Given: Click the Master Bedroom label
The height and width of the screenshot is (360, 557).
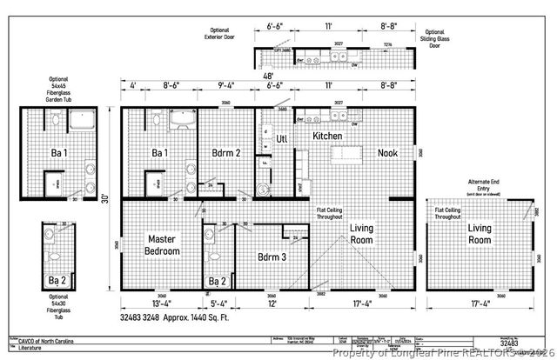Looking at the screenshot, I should [x=164, y=245].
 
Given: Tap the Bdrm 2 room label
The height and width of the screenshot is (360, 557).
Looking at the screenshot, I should [x=225, y=153].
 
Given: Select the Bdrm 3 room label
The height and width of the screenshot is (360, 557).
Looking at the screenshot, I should [x=272, y=257].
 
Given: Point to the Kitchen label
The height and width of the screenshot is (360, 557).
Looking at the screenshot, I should [x=327, y=137].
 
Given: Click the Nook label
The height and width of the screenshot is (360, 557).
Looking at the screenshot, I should [x=387, y=153].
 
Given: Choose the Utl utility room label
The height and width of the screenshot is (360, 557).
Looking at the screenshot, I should [x=282, y=138].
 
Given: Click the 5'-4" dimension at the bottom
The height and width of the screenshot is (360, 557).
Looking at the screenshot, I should [x=218, y=304].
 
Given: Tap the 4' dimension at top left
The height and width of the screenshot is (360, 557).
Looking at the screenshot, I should [x=133, y=86].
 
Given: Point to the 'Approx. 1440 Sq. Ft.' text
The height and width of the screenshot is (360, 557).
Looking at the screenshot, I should [x=211, y=318].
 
